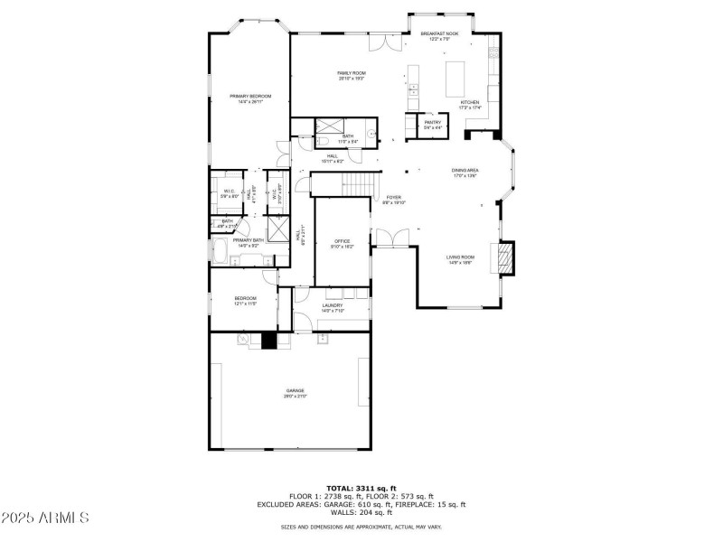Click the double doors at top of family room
tap(383, 42)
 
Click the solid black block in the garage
tap(267, 341)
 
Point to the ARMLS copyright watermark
tap(45, 519)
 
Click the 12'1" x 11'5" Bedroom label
tap(246, 301)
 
